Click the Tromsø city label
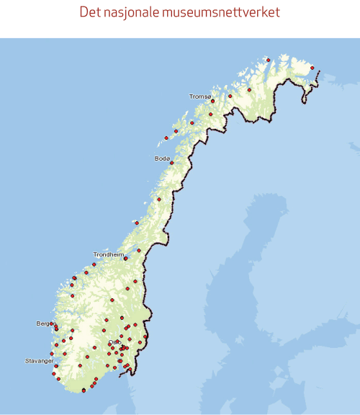click(x=200, y=96)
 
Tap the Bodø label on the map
click(x=162, y=157)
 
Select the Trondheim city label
click(x=109, y=254)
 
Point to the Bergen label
click(x=44, y=323)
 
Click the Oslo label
click(x=114, y=342)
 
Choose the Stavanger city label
click(x=39, y=360)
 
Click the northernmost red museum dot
click(x=267, y=60)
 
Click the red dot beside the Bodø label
click(x=172, y=163)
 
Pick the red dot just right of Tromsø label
click(x=213, y=101)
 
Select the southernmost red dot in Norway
click(x=84, y=391)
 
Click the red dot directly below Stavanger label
click(x=56, y=366)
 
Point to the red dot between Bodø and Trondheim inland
click(x=159, y=200)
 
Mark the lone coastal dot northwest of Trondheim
click(x=135, y=223)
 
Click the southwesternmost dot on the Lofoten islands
click(x=166, y=138)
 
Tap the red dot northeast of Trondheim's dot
click(x=139, y=251)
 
